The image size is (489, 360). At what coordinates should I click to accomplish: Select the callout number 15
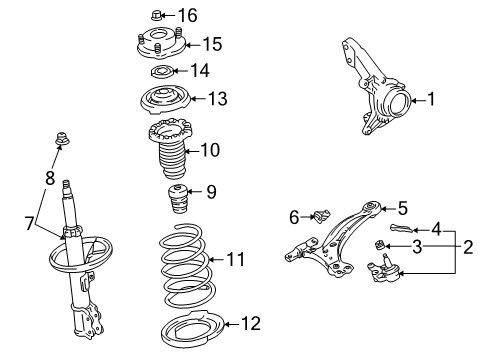[x=211, y=45]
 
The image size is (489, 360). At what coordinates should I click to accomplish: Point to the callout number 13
[x=217, y=98]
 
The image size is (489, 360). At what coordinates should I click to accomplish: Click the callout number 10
[x=209, y=150]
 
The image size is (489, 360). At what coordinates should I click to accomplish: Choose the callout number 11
[x=235, y=259]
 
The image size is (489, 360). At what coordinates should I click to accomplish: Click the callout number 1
[x=431, y=99]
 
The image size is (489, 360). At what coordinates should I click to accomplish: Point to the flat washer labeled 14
[x=160, y=73]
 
